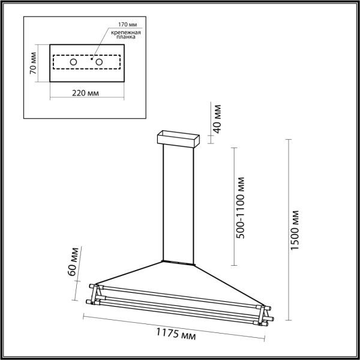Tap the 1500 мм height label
click(x=295, y=230)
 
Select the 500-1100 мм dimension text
click(x=241, y=208)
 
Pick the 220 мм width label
click(x=85, y=94)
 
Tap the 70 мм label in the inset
click(x=34, y=63)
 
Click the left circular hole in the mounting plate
click(x=73, y=62)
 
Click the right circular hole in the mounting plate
click(x=100, y=62)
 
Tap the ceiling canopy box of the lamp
click(x=177, y=139)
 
